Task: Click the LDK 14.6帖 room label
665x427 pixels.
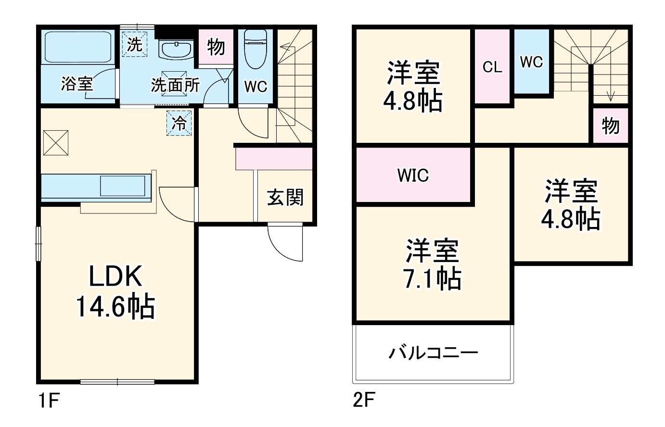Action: tap(115, 291)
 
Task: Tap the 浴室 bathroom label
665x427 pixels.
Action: tap(77, 85)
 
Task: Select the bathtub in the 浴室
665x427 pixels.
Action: tap(77, 48)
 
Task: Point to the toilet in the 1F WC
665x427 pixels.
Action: tap(255, 49)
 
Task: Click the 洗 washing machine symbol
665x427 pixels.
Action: tap(134, 45)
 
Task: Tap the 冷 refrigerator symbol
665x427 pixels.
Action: tap(179, 124)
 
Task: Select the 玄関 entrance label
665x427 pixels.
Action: tap(285, 197)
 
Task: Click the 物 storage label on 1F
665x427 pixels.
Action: tap(216, 47)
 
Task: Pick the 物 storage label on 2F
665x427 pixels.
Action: tap(610, 126)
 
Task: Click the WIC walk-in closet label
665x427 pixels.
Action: tap(413, 176)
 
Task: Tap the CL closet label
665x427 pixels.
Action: tap(492, 67)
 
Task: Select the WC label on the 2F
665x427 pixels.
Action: tap(531, 62)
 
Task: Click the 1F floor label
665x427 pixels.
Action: tap(47, 400)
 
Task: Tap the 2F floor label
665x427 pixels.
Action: tap(363, 400)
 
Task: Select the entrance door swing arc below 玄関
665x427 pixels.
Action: tap(284, 243)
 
